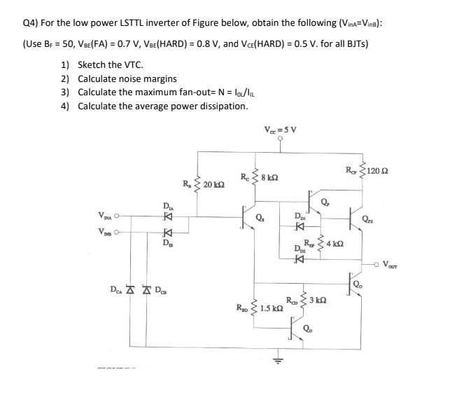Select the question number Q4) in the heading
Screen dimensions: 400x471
[31, 22]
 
